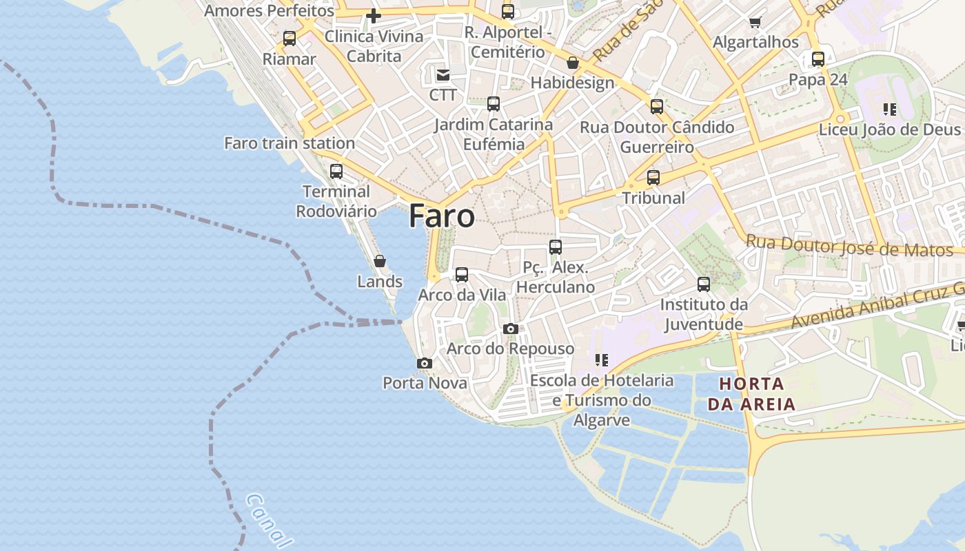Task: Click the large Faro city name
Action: pos(441,216)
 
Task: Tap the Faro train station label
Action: pos(289,143)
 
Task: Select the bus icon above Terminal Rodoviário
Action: pos(336,171)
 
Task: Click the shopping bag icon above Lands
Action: pos(379,261)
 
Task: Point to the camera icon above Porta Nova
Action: pos(425,363)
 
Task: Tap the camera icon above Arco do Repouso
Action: pos(510,329)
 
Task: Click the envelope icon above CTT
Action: pos(443,74)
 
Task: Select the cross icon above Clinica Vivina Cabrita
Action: pos(374,16)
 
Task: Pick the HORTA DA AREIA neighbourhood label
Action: pos(751,394)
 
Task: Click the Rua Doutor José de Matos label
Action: pos(849,246)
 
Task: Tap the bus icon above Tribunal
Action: pos(653,178)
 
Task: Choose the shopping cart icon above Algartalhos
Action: pos(755,22)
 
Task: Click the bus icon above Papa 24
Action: pos(817,59)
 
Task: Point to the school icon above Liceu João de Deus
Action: pos(889,110)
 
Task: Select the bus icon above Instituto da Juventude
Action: pos(703,284)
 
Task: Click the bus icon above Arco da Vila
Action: pos(462,275)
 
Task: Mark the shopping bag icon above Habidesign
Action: pos(572,63)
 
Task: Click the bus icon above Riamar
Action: pos(289,39)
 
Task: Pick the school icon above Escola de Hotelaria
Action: pos(601,360)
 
